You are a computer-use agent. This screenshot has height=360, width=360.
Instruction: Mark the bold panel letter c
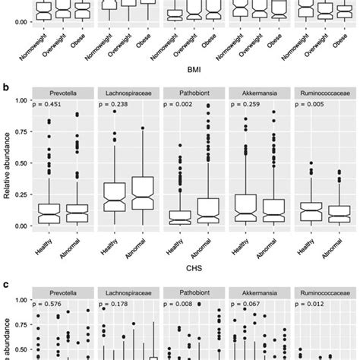point(5,283)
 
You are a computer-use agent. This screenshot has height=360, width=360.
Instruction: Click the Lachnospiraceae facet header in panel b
point(126,93)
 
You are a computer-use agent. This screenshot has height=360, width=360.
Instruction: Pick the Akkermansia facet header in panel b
point(254,93)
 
